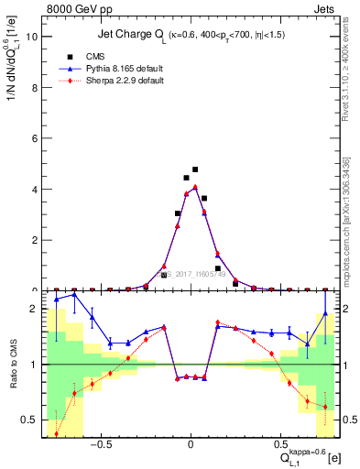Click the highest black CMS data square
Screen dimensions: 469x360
click(x=195, y=169)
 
